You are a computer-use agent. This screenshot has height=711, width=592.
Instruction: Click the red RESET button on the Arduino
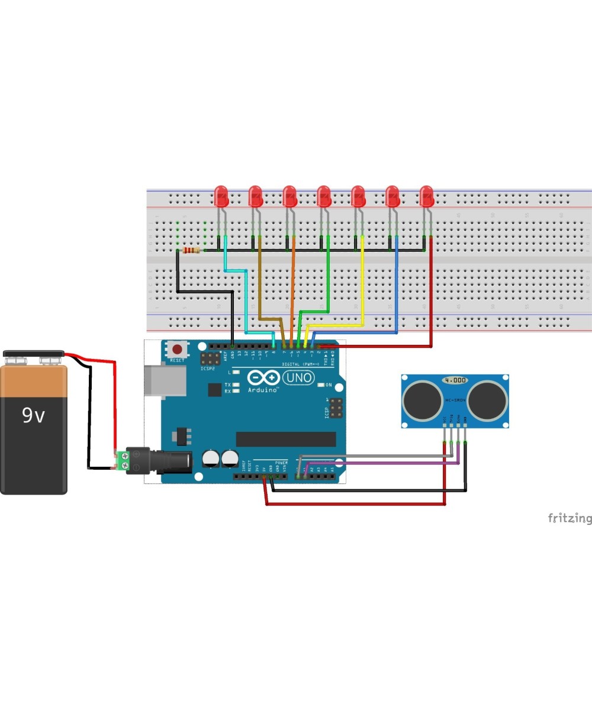[x=176, y=349]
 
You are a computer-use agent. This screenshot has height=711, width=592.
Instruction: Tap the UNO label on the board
[x=299, y=377]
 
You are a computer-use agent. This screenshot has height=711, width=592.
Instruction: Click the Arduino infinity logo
[x=264, y=378]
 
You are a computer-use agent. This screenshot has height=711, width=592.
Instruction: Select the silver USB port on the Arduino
[x=158, y=379]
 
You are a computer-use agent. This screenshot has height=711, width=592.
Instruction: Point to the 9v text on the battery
[x=33, y=416]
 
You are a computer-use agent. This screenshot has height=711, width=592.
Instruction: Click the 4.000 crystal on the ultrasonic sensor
[x=455, y=380]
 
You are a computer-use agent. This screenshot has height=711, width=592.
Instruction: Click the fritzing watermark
[x=569, y=518]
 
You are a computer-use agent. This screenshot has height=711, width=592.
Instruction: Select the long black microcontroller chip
[x=286, y=439]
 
